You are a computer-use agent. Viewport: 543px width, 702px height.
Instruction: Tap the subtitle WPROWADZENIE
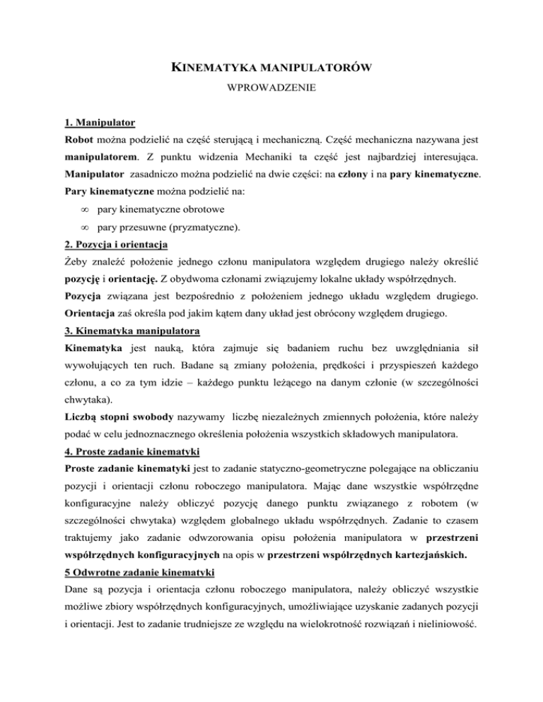pyautogui.click(x=271, y=91)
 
